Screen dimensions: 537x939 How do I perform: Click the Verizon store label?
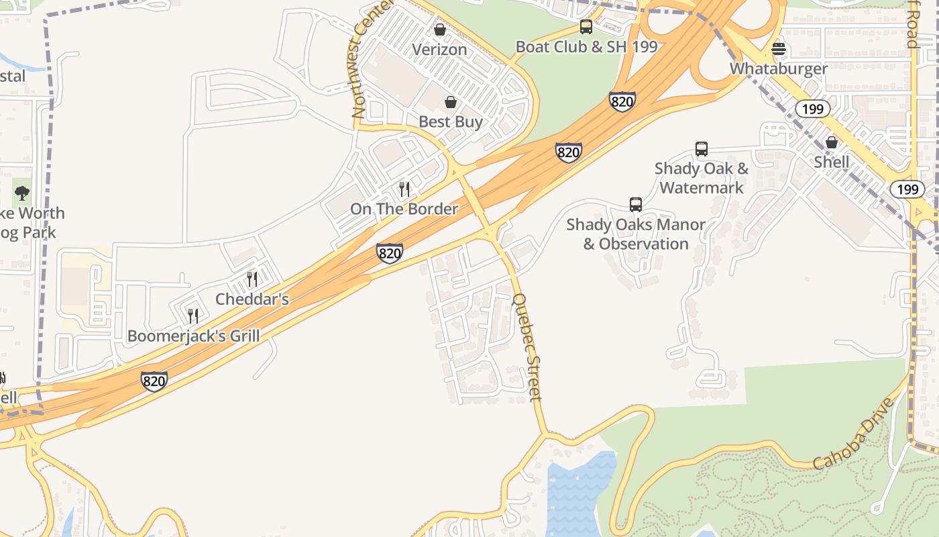439,49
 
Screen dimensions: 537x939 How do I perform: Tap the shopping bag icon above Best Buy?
451,102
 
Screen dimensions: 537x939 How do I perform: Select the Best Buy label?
451,121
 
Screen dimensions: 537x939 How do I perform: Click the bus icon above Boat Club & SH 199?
586,28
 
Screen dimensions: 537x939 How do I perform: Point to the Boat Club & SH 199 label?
586,47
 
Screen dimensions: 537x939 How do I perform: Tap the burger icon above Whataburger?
779,49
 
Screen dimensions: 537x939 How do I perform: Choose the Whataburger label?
779,68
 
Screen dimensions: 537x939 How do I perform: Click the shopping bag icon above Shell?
832,142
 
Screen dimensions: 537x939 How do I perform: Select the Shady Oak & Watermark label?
702,178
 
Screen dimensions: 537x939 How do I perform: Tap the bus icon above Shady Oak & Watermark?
702,149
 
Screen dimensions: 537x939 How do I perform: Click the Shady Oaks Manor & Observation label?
636,234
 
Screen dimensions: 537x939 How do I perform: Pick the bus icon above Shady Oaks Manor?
636,204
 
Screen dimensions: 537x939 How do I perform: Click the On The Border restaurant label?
404,209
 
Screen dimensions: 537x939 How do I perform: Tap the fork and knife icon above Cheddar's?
252,279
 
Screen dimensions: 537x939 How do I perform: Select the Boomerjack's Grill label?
193,336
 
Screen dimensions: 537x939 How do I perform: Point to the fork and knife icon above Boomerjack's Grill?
193,316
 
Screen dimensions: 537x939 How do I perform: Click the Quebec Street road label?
527,346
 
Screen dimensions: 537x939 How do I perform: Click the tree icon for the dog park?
22,194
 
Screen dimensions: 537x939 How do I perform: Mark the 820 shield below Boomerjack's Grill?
154,381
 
